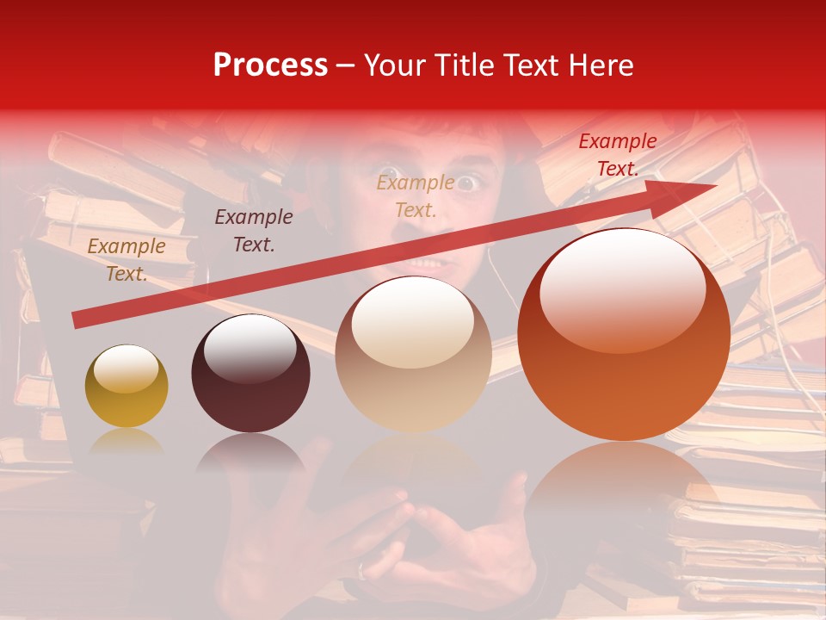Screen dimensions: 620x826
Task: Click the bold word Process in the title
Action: point(270,65)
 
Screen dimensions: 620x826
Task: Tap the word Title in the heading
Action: point(465,65)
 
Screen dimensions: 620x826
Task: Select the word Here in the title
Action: point(603,65)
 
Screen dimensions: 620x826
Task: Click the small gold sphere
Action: point(126,387)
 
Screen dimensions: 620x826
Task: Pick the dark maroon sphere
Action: point(250,375)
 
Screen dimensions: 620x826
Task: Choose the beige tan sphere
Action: point(413,355)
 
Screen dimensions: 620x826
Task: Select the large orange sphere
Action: point(623,336)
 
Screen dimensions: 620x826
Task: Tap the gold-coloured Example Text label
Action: point(126,260)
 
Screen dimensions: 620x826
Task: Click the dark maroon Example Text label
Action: point(253,231)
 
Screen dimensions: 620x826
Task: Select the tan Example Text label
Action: point(415,195)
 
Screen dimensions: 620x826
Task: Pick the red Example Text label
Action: point(617,155)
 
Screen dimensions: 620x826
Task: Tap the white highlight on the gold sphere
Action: point(126,369)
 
